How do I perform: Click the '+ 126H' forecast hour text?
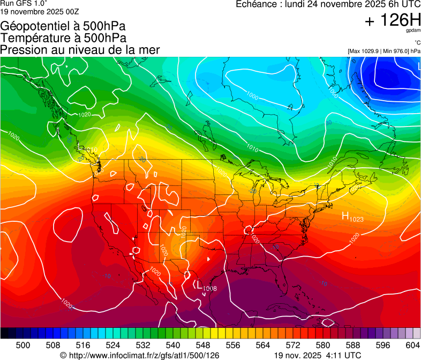[393, 21]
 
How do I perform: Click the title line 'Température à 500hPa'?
[63, 38]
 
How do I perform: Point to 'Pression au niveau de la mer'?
[80, 50]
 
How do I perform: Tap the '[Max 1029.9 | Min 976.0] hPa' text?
[384, 51]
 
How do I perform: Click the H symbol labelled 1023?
[345, 216]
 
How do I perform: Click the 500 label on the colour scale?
[23, 344]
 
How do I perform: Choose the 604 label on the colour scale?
[413, 344]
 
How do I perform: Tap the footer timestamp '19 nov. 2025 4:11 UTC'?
[318, 355]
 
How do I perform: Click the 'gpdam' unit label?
[414, 31]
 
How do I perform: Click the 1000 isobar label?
[252, 96]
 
